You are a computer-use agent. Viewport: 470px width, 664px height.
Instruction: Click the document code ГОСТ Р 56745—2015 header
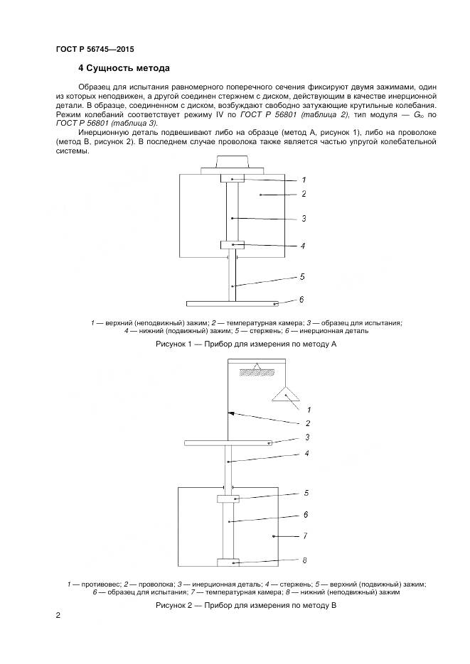tap(95, 50)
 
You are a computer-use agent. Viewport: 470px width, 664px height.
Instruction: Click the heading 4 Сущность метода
tap(124, 69)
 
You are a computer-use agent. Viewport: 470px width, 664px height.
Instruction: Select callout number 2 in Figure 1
tap(303, 193)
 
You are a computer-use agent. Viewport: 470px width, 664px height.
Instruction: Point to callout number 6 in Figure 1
tap(301, 300)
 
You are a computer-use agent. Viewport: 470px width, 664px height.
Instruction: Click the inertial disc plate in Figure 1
tap(234, 303)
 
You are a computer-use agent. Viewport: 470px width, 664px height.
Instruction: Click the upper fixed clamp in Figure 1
tap(232, 178)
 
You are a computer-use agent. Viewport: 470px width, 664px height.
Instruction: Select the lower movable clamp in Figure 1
tap(232, 245)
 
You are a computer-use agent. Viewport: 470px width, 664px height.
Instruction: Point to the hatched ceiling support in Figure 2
tap(259, 371)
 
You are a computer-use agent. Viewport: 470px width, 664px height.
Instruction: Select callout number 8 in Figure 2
tap(304, 560)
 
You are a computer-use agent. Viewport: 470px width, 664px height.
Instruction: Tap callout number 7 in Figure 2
tap(305, 536)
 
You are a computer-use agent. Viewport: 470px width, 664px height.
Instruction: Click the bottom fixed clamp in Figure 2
tap(229, 563)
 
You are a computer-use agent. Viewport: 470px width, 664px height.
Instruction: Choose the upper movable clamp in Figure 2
tap(229, 499)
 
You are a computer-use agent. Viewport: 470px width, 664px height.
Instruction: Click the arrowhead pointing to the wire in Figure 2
tap(231, 413)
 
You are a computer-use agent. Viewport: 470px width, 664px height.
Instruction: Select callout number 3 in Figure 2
tap(307, 437)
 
